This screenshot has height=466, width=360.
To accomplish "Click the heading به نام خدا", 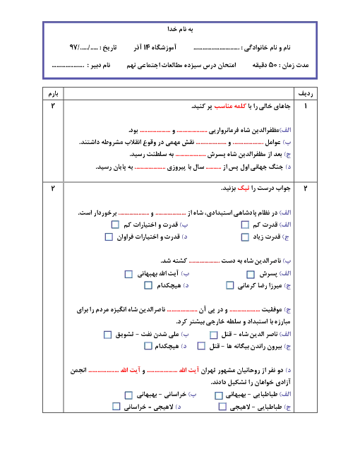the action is click(x=180, y=29).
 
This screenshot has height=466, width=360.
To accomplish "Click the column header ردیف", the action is click(x=306, y=94).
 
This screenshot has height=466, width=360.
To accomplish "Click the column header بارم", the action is click(x=53, y=94).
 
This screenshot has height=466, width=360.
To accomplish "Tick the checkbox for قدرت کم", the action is click(x=245, y=225).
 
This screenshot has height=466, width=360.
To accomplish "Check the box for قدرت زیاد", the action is click(x=245, y=237).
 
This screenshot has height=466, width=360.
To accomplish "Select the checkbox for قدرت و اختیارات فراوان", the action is click(x=109, y=237).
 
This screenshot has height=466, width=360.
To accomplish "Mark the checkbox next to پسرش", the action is click(x=251, y=274).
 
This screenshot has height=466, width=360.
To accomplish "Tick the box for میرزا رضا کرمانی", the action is click(x=230, y=285).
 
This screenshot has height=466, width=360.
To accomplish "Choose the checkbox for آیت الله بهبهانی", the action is click(x=128, y=274).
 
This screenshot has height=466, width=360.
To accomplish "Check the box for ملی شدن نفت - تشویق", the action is click(x=107, y=335).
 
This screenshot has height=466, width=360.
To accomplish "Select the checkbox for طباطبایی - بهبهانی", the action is click(x=219, y=395).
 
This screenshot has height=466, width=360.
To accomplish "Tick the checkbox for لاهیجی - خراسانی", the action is click(x=116, y=406).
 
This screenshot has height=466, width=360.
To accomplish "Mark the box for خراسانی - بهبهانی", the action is click(x=128, y=395).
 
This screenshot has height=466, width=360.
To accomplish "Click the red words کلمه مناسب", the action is click(x=230, y=106).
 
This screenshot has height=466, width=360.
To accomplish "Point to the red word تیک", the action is click(x=244, y=189).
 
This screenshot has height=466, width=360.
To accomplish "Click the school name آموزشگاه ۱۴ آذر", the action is click(x=155, y=47).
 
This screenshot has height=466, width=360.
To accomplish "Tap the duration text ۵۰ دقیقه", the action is click(x=265, y=65).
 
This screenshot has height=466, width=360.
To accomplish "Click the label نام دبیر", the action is click(x=100, y=65).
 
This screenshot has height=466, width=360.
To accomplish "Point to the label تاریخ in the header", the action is click(x=109, y=47).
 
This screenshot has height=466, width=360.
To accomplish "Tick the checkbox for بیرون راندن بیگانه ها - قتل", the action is click(x=201, y=346).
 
